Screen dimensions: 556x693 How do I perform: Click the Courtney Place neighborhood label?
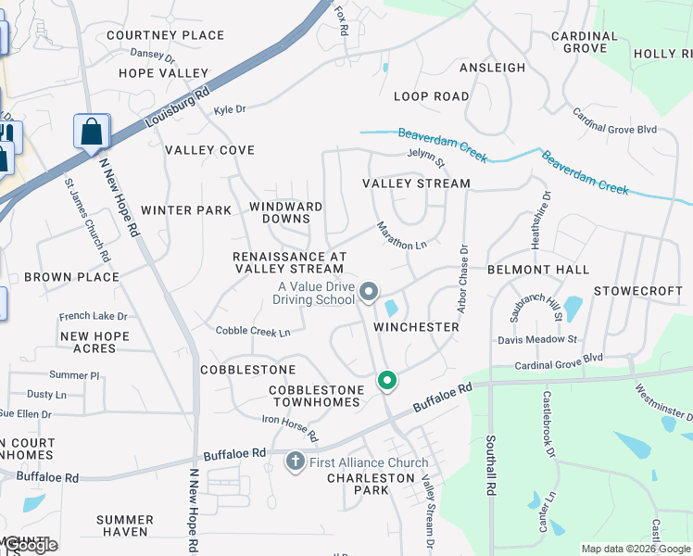coord(165,35)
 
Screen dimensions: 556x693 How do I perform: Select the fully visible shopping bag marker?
coord(92,132)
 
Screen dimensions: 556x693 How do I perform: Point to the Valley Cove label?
coord(209,150)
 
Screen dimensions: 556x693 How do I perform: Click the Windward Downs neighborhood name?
coord(286,212)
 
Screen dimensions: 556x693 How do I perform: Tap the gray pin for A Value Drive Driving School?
coord(369,293)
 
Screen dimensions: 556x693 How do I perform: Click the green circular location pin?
coord(386,380)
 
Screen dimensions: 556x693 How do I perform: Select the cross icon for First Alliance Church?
coord(296,461)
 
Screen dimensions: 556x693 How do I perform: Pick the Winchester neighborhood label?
coord(416,327)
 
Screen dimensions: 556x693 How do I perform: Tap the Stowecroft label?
coord(639,291)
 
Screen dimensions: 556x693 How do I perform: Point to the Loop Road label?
coord(431,96)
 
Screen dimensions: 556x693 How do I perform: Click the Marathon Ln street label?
coord(401,235)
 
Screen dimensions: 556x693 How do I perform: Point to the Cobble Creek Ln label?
coord(253,331)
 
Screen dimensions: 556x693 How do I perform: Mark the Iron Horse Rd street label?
coord(289,427)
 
